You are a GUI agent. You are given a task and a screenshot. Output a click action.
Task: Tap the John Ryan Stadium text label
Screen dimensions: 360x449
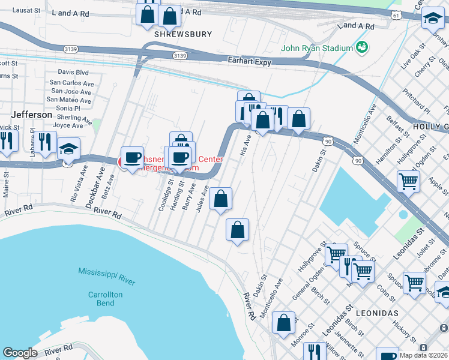317,48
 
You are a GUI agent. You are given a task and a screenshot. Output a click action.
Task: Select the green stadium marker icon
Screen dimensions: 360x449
361,47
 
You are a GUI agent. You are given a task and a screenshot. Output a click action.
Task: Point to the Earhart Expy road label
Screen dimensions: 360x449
250,61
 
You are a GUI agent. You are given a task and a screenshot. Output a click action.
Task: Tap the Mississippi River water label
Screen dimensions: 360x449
107,277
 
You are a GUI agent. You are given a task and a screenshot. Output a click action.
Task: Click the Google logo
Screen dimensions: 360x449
20,353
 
